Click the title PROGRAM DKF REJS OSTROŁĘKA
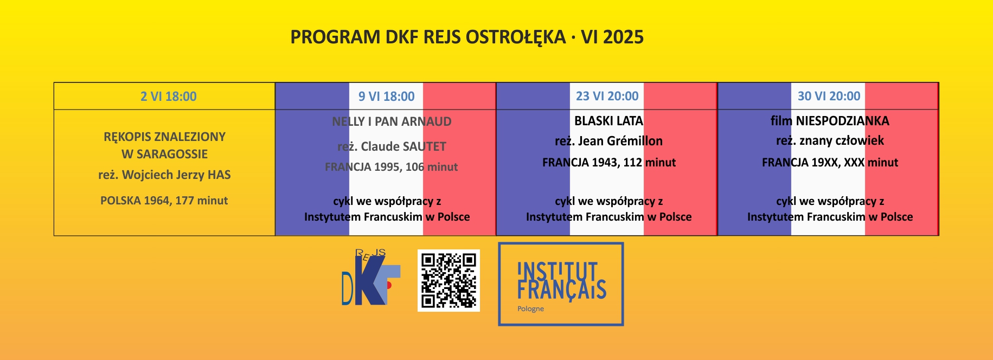[428, 37]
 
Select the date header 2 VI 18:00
[169, 97]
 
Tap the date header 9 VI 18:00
[386, 97]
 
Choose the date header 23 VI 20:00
[607, 96]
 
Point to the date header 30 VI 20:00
[829, 96]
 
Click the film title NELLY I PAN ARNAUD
[392, 121]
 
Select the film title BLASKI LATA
[608, 121]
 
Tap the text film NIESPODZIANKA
[830, 121]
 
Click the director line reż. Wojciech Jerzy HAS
[164, 175]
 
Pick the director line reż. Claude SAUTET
[392, 146]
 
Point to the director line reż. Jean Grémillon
[608, 141]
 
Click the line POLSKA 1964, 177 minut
[164, 201]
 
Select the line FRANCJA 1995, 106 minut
[391, 167]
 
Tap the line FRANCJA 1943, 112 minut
[609, 162]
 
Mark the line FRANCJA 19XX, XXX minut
[830, 162]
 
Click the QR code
[449, 280]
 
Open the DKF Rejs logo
[371, 277]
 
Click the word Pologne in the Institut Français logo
[530, 309]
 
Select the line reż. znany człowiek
[830, 141]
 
